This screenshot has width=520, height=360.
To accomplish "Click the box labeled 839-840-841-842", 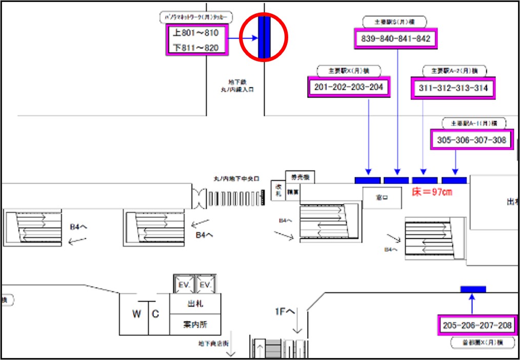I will click(395, 38).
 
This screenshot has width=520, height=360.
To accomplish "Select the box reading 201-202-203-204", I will click(348, 87).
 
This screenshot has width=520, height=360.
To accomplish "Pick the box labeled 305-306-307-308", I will click(471, 139).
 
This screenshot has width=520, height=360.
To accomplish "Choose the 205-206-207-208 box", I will click(477, 326).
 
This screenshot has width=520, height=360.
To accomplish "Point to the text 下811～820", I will click(196, 48).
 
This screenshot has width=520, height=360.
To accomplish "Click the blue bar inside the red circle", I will click(264, 36).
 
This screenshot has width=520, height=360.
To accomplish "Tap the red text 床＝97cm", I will click(432, 192).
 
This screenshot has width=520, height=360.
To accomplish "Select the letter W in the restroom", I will click(136, 314).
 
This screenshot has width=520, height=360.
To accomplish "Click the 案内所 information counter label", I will click(195, 324).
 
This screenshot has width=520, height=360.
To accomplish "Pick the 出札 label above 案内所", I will click(195, 304).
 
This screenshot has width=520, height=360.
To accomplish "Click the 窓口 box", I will click(382, 196).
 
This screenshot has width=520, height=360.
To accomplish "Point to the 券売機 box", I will click(299, 177).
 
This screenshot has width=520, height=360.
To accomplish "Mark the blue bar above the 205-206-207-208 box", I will click(473, 289).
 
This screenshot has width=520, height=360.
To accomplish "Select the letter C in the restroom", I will click(156, 314).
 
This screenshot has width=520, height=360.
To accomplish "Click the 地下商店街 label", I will click(215, 343).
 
